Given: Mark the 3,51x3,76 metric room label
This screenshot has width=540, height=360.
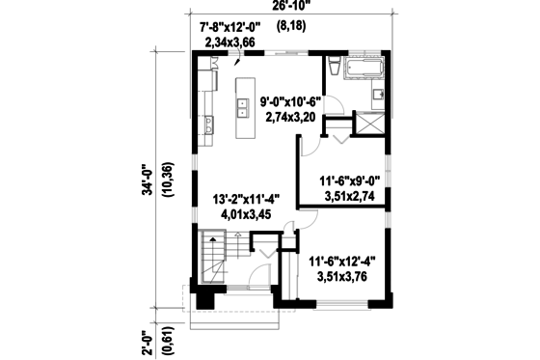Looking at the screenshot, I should point(343,276).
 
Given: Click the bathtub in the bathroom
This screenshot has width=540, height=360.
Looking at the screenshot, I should point(363,69).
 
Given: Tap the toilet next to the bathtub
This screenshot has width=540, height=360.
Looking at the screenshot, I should point(331,68).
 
